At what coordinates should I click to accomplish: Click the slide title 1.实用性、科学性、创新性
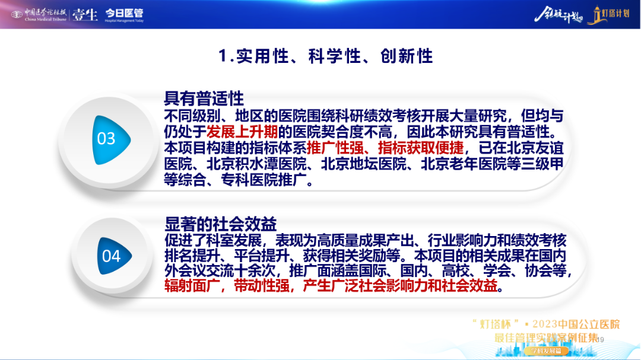326,56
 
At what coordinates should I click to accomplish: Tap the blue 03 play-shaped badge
110,140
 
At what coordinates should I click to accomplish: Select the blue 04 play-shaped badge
113,256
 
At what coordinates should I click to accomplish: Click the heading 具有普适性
204,98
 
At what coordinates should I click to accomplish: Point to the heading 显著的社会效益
220,224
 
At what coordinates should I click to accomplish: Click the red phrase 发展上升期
242,132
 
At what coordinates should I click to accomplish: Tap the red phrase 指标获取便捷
421,148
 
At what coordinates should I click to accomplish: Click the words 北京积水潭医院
256,164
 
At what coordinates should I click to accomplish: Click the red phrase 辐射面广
192,286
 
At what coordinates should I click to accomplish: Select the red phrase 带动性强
261,286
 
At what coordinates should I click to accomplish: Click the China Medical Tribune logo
39,14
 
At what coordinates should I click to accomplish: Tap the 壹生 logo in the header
85,15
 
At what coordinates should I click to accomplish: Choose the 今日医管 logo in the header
124,15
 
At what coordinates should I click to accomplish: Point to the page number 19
600,340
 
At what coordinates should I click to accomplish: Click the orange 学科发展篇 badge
546,351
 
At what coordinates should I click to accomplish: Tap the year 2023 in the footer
545,324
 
